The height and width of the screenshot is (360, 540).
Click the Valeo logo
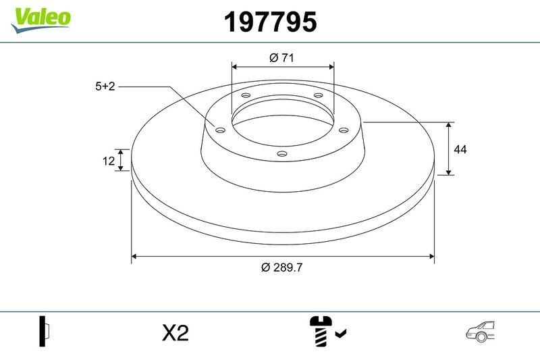coord(40,18)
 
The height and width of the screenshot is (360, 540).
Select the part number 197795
coord(270,23)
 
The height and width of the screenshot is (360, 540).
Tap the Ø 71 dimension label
coord(281,58)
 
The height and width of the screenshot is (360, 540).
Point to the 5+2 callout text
coord(105,86)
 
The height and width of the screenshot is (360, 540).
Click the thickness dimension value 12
coord(107,161)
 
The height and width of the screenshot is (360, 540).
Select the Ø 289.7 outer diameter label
coord(281,267)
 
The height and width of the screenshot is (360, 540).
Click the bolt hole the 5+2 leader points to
coord(219,130)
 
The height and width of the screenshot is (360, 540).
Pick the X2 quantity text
coord(175,332)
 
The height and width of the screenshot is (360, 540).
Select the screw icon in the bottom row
coord(321,331)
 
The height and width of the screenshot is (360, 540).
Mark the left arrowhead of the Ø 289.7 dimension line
coord(134,256)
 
